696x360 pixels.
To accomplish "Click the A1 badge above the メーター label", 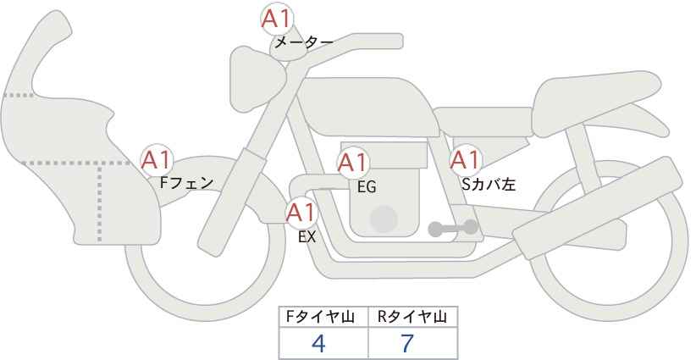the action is (x=277, y=19).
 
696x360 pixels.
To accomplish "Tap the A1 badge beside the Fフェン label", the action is (x=157, y=160).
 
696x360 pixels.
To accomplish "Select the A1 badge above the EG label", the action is (x=353, y=163).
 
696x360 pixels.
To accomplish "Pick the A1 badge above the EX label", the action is (x=301, y=213).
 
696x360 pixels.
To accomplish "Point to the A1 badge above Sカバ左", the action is (x=466, y=160).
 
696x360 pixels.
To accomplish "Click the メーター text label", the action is (x=304, y=42).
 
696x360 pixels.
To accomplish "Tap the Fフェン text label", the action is (x=186, y=183).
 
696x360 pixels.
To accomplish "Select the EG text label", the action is (x=367, y=187).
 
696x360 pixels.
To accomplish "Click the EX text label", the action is (x=307, y=237).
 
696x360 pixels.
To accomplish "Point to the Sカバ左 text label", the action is (x=489, y=184).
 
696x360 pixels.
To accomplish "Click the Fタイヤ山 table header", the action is (x=320, y=318).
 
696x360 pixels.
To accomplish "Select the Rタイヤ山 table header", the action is (x=412, y=318).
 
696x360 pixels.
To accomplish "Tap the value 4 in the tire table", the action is (x=318, y=344).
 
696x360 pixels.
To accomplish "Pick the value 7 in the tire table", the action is (x=407, y=344).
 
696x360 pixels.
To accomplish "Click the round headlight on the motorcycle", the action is (x=257, y=79).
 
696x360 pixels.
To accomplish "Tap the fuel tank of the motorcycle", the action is (x=368, y=107).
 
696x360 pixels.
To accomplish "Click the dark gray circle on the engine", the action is (x=384, y=219).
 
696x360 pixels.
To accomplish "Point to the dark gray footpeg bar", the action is (x=453, y=228).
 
